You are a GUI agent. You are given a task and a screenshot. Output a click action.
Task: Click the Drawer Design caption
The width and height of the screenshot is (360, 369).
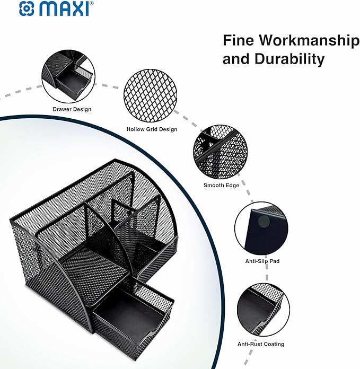[x=72, y=109]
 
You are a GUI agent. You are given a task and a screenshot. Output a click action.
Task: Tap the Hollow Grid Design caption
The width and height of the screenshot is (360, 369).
[x=152, y=129]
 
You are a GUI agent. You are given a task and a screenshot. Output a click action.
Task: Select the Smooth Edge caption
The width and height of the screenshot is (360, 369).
[x=221, y=186]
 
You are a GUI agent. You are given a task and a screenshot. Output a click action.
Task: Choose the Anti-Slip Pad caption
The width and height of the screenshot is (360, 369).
[x=263, y=261]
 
